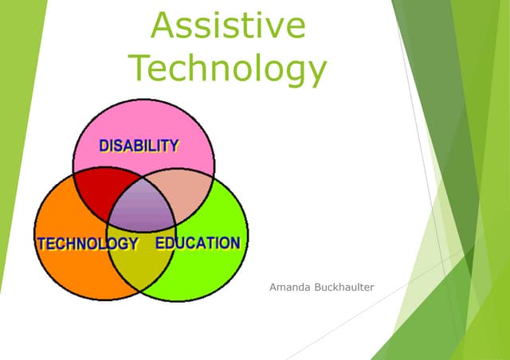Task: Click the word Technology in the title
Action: [228, 68]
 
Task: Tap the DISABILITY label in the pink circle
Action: [139, 145]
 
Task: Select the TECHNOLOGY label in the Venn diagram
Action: [88, 243]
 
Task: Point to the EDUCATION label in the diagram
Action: [197, 243]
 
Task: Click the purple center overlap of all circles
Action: [142, 209]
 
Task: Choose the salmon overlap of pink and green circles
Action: [189, 195]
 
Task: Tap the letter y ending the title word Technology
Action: [316, 73]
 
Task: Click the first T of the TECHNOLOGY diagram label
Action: [41, 243]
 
